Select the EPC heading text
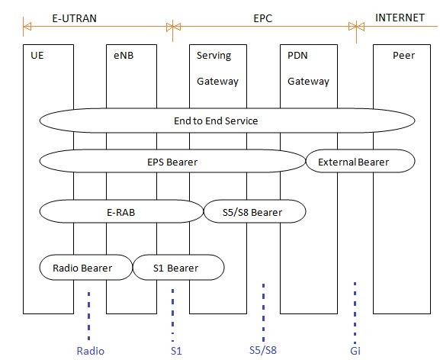[x=262, y=17]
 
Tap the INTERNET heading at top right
[x=400, y=17]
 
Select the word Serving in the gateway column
[x=214, y=56]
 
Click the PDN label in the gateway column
[x=299, y=56]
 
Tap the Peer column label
[x=403, y=56]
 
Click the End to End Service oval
[x=226, y=121]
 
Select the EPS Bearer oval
[x=172, y=162]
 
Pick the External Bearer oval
[x=360, y=162]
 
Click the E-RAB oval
[x=120, y=211]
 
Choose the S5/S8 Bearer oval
[x=254, y=211]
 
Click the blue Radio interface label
[x=90, y=351]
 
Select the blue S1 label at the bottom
[x=175, y=351]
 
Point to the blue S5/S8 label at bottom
[x=263, y=351]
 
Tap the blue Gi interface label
[x=355, y=351]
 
